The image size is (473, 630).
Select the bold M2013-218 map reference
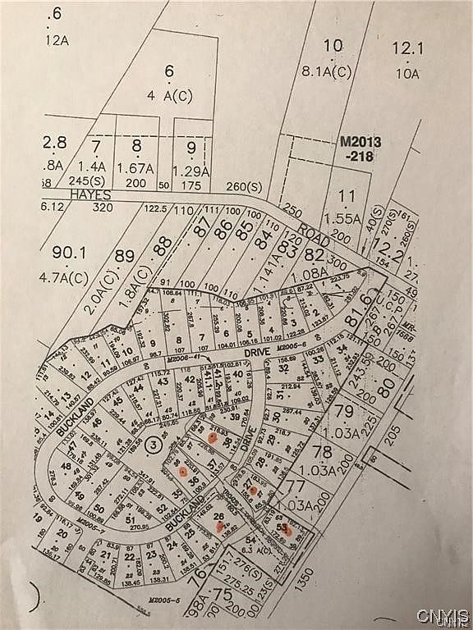coord(360,148)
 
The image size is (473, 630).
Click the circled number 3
coord(152,445)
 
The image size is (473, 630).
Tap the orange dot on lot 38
coord(212,438)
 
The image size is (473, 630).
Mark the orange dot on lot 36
coord(184,473)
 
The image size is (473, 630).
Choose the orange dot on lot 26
coord(218,525)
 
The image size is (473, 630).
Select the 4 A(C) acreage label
coord(170,96)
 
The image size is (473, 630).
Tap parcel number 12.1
coord(407,49)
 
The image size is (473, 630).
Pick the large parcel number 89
coord(123,256)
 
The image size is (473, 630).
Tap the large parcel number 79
coord(344,409)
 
